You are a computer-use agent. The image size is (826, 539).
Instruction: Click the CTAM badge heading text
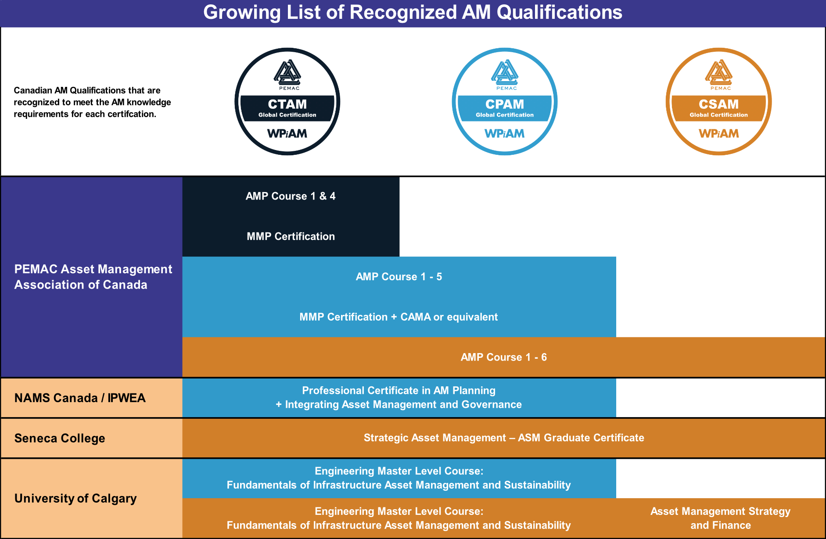(287, 104)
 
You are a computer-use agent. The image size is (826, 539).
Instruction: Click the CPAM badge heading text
(504, 104)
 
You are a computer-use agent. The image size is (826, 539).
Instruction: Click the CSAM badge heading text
(718, 104)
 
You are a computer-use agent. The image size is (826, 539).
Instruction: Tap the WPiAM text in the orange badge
(718, 133)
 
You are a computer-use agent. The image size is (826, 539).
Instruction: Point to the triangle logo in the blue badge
(505, 72)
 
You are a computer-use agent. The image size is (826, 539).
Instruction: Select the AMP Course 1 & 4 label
(291, 196)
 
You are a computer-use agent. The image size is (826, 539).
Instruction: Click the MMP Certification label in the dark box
(291, 236)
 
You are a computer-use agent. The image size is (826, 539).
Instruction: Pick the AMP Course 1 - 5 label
(399, 277)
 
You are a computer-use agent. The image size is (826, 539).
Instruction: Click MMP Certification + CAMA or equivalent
(399, 317)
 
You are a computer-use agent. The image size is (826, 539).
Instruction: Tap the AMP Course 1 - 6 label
(503, 357)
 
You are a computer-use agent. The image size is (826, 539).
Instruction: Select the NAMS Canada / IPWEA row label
(80, 398)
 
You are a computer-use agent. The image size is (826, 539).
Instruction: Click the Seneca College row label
(60, 438)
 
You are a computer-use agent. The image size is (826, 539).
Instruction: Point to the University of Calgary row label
(75, 499)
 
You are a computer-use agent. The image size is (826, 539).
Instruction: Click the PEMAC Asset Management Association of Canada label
(93, 277)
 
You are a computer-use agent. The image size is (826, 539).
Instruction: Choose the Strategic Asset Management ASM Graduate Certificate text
(503, 438)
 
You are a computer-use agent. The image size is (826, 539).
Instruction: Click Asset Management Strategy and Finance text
(720, 518)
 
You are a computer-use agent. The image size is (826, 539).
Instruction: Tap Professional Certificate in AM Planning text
(399, 390)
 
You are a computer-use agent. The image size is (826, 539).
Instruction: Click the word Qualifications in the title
(559, 12)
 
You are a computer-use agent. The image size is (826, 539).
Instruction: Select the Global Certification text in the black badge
(287, 115)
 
